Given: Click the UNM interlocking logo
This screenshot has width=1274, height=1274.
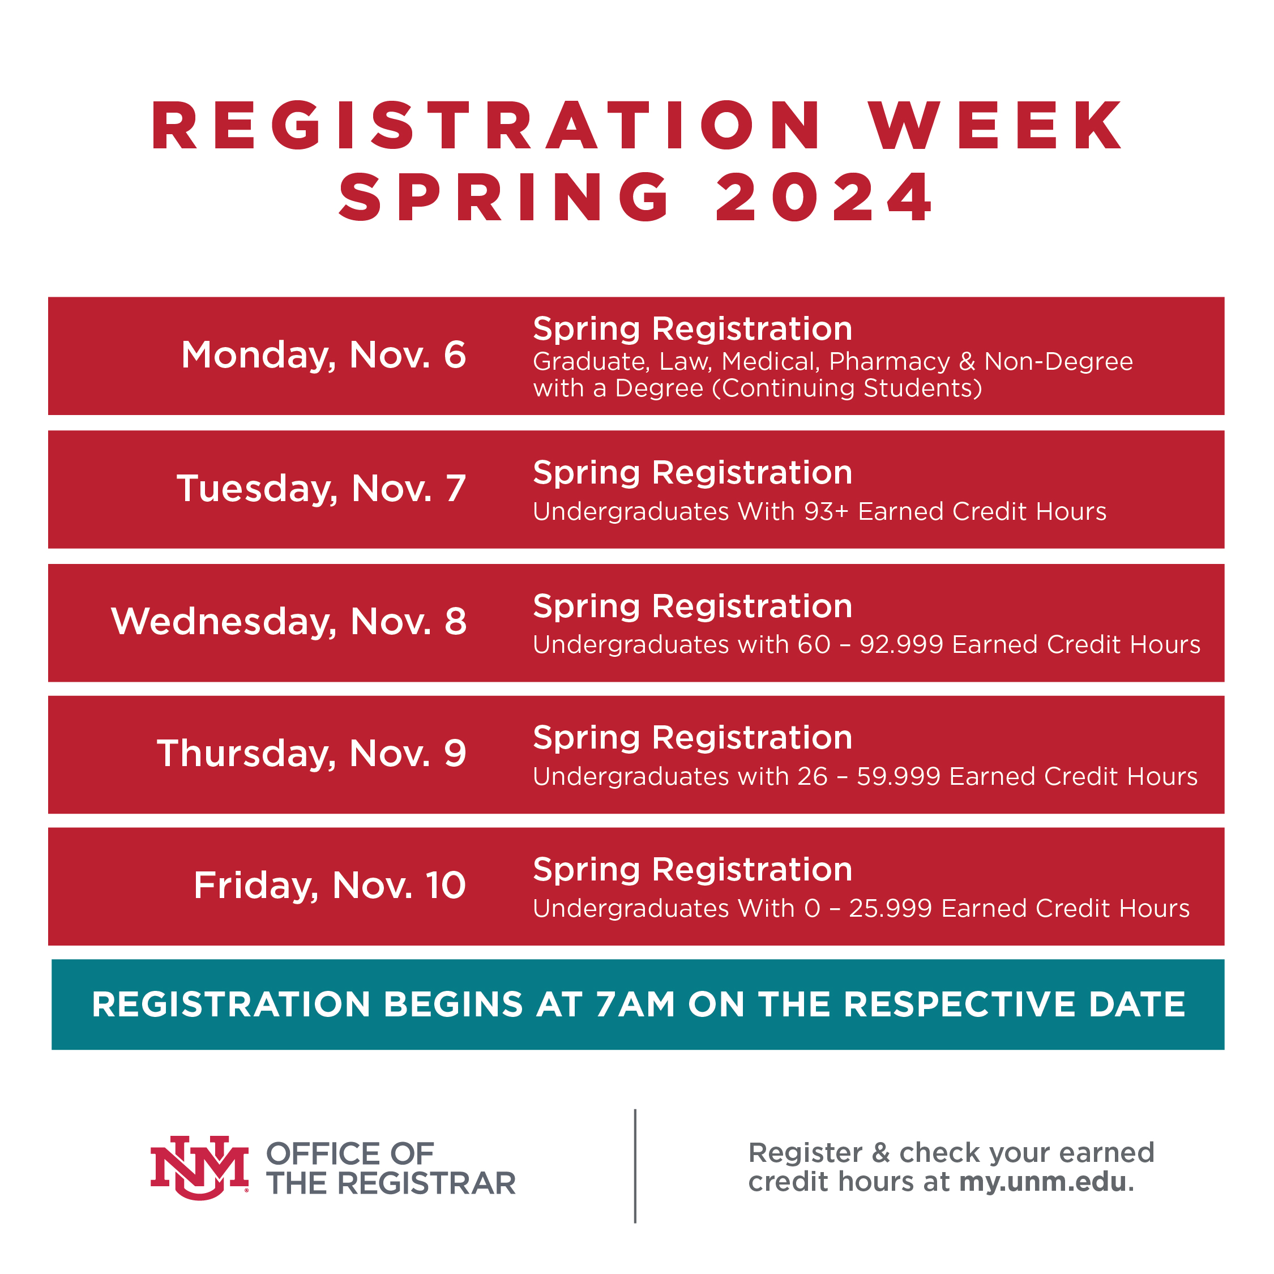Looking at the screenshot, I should click(199, 1166).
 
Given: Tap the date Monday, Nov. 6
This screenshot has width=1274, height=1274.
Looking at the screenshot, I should click(323, 355).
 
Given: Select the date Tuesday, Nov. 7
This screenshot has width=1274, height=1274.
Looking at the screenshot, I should click(321, 489).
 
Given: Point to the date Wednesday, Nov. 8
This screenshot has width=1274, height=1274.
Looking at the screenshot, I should click(289, 621).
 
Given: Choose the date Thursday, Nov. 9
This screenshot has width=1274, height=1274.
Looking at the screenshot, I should click(311, 753).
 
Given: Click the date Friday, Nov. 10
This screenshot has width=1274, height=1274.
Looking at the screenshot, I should click(330, 885).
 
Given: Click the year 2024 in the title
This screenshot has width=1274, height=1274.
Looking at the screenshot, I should click(824, 197).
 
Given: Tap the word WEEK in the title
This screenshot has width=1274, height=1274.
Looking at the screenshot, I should click(996, 125).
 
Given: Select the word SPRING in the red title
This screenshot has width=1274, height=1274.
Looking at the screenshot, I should click(505, 197).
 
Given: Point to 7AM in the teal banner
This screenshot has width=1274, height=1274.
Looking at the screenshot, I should click(635, 1004).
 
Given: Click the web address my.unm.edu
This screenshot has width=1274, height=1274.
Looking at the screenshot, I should click(1042, 1181).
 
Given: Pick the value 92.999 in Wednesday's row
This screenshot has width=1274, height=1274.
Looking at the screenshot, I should click(901, 644).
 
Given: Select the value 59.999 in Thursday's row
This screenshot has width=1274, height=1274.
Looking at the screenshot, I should click(898, 777).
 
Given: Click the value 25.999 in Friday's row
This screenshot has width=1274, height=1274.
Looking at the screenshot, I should click(890, 909).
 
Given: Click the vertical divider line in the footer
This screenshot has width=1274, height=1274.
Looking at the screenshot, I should click(635, 1166).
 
